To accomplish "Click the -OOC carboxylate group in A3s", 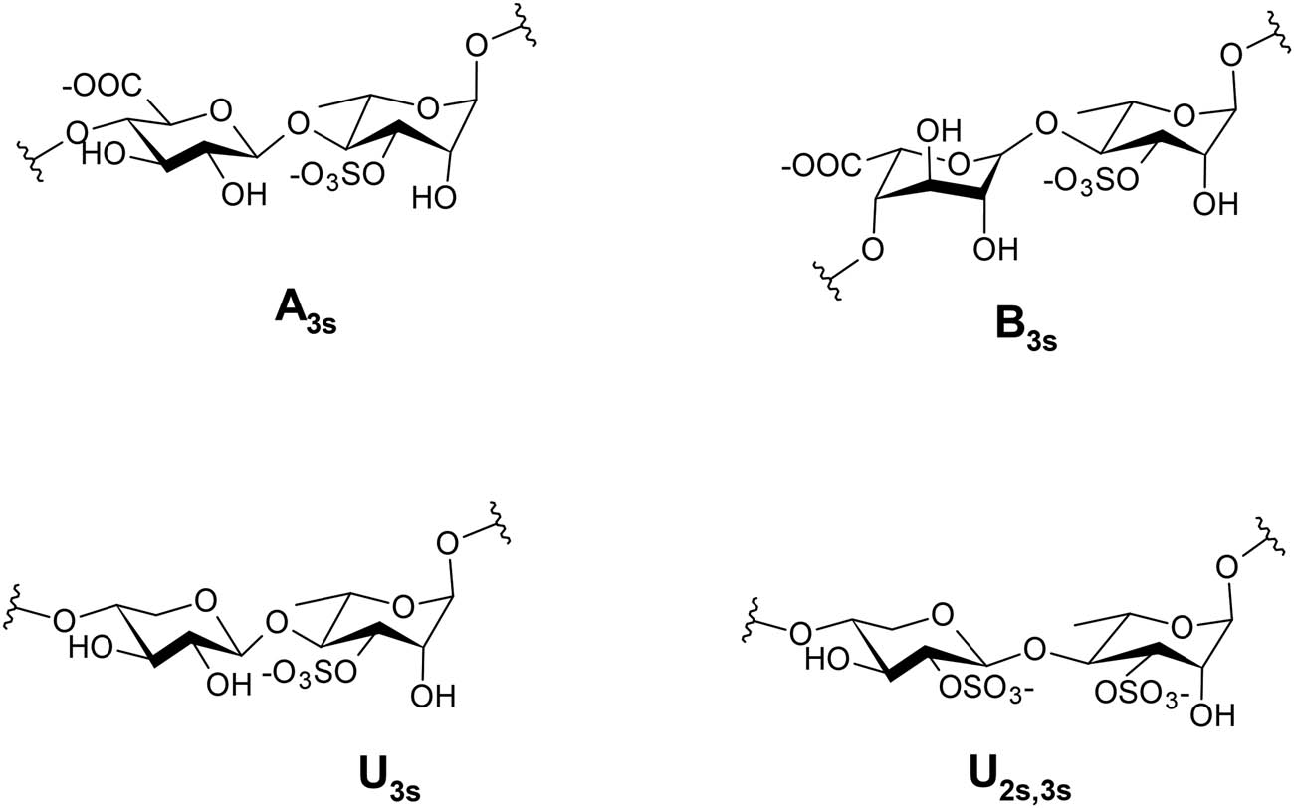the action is (102, 88).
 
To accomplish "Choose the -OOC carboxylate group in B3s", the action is (820, 168).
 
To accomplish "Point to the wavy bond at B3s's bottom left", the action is (827, 281).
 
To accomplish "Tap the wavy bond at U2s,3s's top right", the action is (1271, 537).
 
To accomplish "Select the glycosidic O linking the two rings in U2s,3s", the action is (1034, 651).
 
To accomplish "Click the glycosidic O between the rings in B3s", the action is (1047, 123).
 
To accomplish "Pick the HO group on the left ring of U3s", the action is (91, 648).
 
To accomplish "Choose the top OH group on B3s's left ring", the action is (939, 131).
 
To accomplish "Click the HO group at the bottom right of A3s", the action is (434, 198).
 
